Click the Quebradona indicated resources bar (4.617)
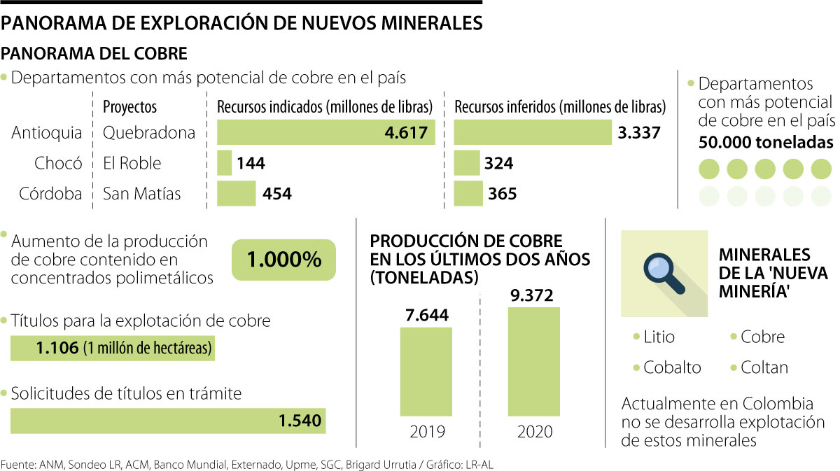(x=325, y=132)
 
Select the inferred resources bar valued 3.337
(x=532, y=132)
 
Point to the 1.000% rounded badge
(x=283, y=260)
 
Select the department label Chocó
(x=58, y=163)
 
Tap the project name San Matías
(x=142, y=193)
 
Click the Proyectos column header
(x=129, y=107)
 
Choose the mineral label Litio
(x=659, y=337)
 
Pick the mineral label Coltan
(x=764, y=367)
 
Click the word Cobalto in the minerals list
(x=671, y=367)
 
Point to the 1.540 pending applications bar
(x=168, y=421)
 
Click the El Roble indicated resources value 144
(x=251, y=164)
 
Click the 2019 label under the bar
(x=426, y=431)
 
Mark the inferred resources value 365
(x=501, y=194)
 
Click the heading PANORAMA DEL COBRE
(x=95, y=53)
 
